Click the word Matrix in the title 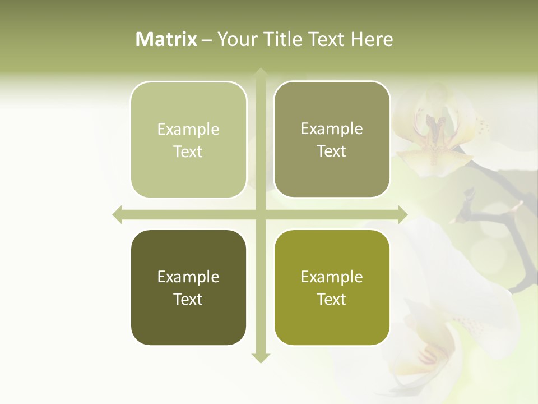166,39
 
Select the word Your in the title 235,39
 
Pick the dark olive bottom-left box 188,320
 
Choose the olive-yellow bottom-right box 332,320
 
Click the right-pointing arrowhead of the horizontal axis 402,214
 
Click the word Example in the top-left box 188,130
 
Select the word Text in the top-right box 332,151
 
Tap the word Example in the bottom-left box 188,277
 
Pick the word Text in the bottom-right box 332,299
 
